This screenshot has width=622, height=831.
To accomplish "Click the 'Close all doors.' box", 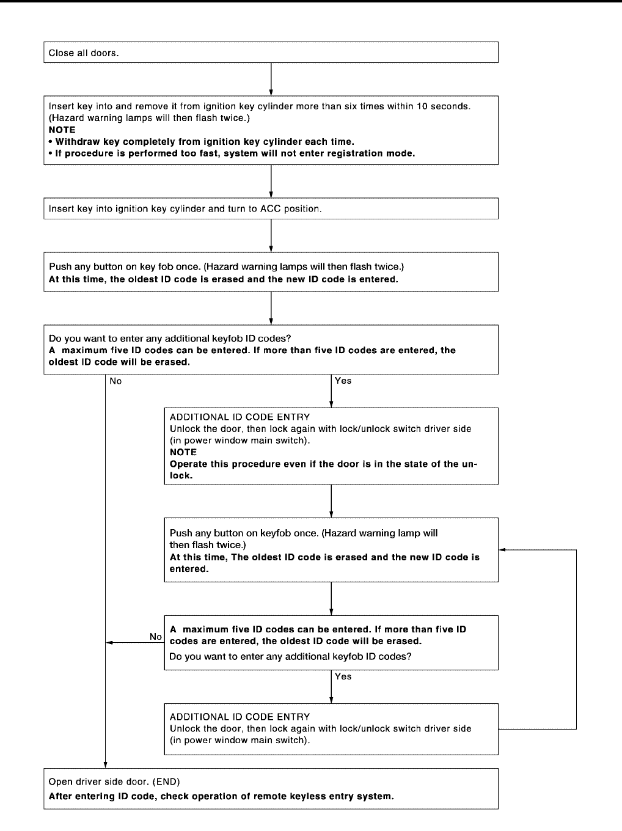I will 271,53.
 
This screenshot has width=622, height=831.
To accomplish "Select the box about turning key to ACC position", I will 271,208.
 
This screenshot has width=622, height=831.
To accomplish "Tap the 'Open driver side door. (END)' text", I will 114,782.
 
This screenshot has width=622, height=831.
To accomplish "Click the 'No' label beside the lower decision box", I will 156,637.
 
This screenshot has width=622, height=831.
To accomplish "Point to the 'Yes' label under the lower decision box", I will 343,676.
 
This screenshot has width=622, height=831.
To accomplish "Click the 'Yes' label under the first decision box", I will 343,381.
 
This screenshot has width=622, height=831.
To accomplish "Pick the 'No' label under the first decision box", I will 115,381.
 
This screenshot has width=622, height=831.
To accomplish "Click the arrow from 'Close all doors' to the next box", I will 271,79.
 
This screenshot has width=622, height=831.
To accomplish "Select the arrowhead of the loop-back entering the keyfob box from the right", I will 502,550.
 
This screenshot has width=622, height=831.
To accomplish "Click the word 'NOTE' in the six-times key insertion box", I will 62,130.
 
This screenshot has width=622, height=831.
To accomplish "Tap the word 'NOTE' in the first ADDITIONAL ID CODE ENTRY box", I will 183,452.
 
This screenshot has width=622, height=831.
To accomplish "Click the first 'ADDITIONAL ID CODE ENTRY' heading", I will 240,417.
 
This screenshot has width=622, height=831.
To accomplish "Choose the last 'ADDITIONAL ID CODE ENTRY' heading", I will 240,717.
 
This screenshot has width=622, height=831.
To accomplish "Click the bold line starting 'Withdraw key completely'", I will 204,141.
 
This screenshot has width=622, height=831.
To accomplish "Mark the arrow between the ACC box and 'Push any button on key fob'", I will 271,235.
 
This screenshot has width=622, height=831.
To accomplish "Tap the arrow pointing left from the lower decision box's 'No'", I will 134,643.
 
